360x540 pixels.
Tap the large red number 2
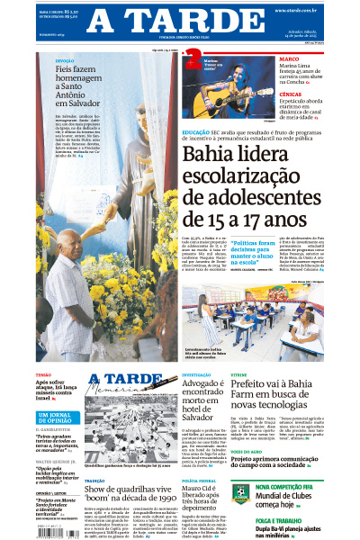(x=192, y=60)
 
